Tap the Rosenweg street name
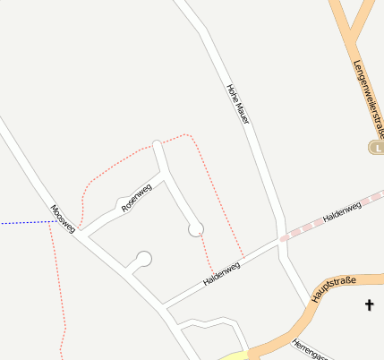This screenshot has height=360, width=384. (136, 197)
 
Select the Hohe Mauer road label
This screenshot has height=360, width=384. (236, 104)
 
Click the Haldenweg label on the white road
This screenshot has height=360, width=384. (222, 272)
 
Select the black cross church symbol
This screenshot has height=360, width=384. (369, 305)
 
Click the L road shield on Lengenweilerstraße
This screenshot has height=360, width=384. (378, 147)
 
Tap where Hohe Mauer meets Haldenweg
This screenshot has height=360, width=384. (281, 240)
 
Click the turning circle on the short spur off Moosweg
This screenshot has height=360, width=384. (143, 259)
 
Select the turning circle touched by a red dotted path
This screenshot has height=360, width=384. (196, 229)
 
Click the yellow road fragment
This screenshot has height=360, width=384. (235, 356)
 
